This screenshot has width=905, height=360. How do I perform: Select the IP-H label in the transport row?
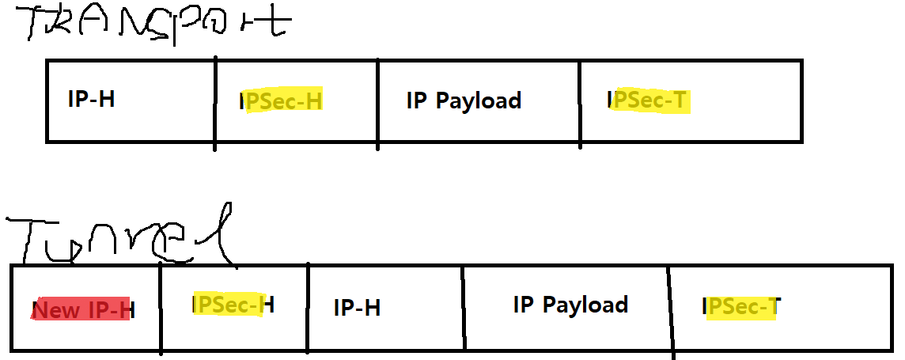pos(92,100)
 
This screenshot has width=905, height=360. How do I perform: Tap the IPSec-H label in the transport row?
pos(281,101)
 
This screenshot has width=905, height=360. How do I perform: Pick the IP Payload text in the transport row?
pos(464,100)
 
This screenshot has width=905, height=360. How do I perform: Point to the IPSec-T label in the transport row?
pos(649,100)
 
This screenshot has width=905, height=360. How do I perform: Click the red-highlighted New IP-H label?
pos(83,309)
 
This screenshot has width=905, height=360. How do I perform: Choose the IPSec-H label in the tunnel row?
pos(233,305)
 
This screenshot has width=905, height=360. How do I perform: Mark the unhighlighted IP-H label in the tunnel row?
pos(357,307)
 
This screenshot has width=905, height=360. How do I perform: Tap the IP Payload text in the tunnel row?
pos(570,305)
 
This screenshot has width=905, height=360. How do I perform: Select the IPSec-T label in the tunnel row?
pos(741,307)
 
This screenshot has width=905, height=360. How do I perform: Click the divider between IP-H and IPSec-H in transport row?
pos(215,103)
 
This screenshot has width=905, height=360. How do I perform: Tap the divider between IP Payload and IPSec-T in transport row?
pos(580,103)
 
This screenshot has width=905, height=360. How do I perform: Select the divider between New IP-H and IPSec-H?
pos(161,309)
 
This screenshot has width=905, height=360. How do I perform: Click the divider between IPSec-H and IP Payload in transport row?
pos(377,103)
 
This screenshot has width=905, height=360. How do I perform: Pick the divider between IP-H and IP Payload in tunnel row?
pos(464,309)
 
